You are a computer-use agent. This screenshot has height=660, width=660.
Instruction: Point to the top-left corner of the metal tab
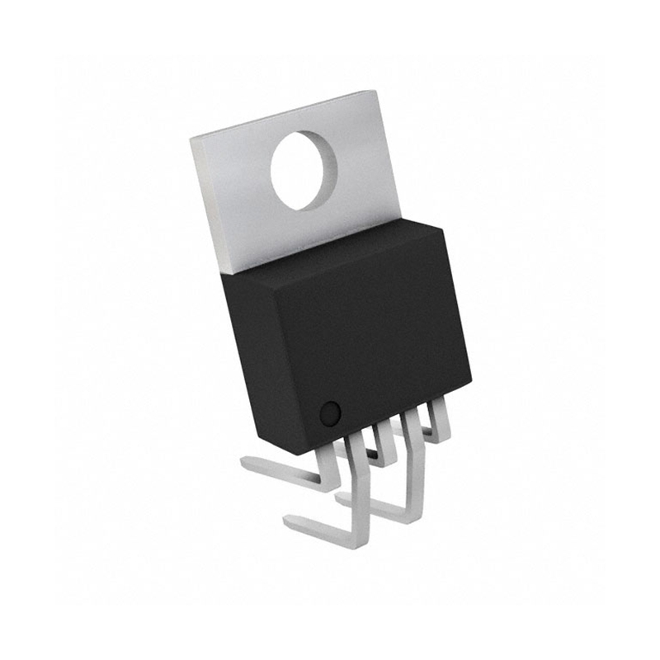191,139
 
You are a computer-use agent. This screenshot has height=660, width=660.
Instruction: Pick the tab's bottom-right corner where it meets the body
401,221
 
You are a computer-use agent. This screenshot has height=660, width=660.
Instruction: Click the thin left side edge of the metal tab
206,206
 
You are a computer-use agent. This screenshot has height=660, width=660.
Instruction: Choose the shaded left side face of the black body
252,355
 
